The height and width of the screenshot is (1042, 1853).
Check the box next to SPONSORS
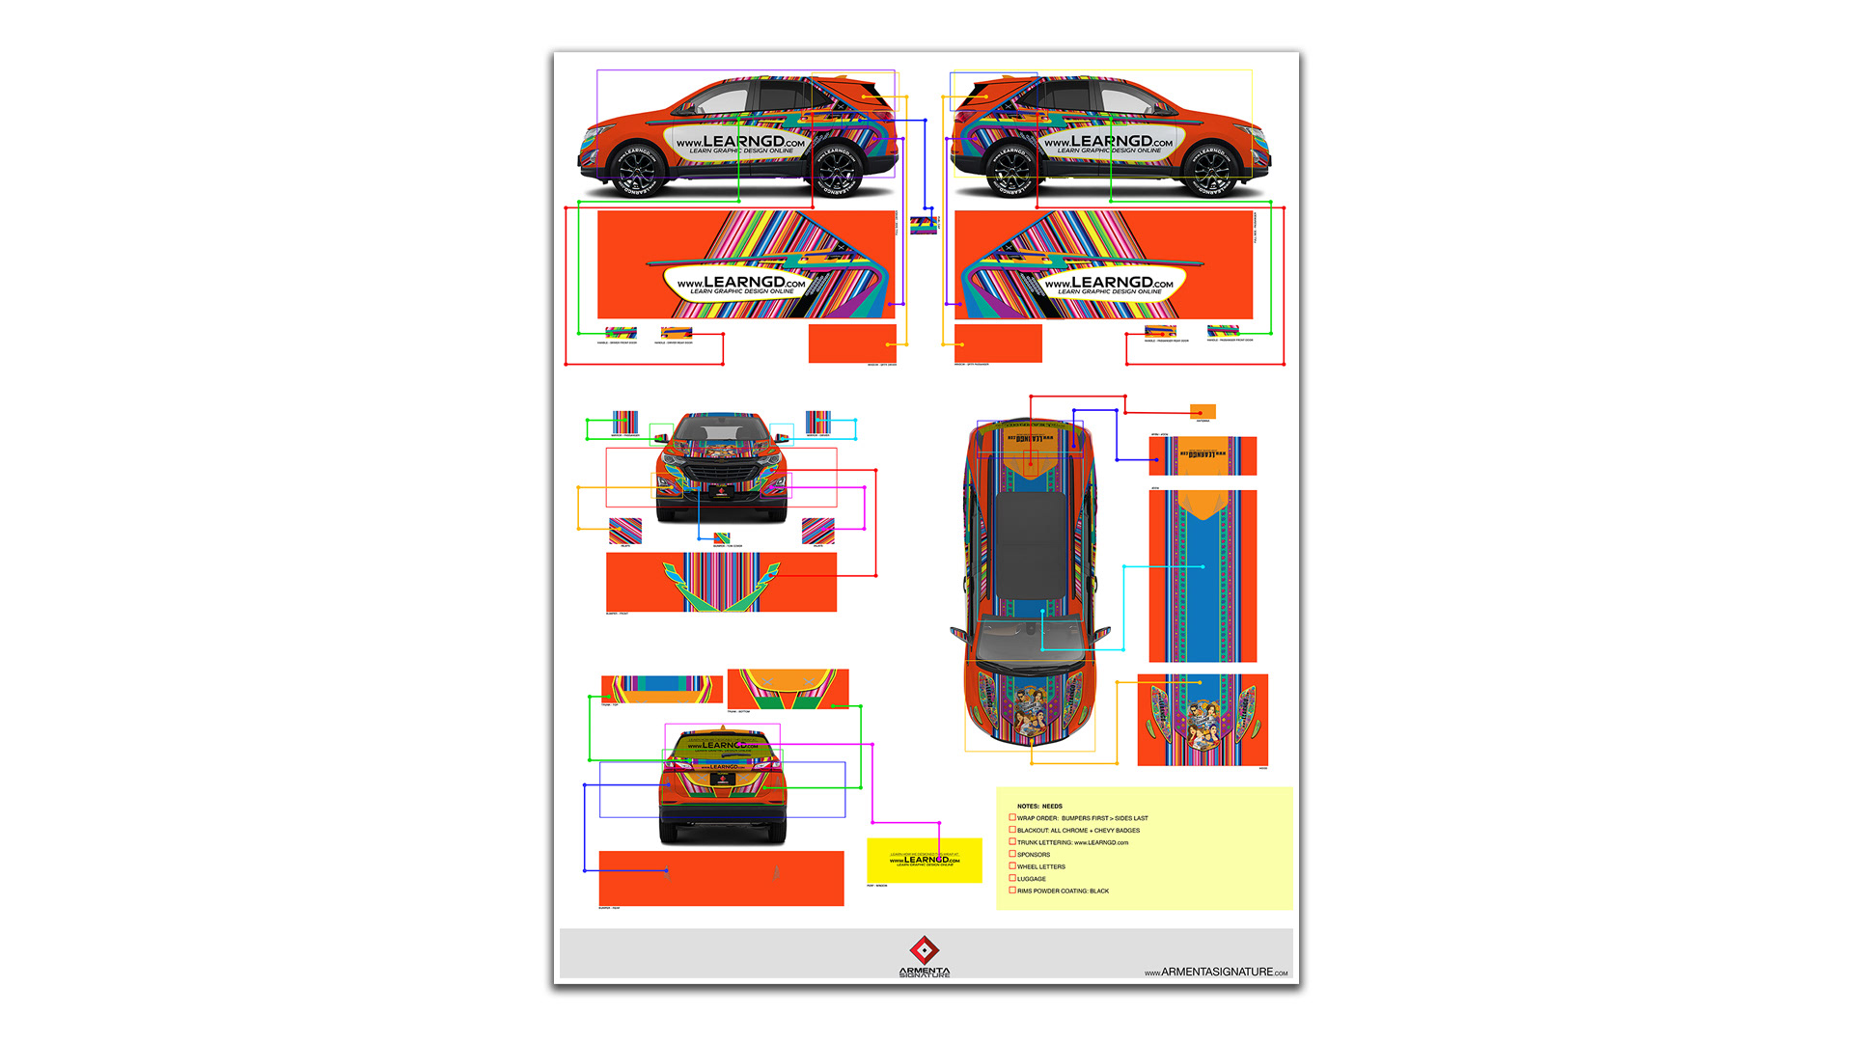pos(1012,854)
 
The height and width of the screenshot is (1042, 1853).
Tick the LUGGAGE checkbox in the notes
pos(1012,878)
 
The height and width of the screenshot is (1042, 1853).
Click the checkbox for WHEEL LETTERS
pos(1012,865)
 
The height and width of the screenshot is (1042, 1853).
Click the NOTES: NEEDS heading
pos(1039,806)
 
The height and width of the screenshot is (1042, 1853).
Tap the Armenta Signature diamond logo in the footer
pos(925,950)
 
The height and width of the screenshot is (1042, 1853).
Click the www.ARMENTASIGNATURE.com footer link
pos(1216,973)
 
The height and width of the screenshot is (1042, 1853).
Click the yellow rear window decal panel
pos(924,860)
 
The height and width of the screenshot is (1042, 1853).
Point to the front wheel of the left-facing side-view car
pos(636,172)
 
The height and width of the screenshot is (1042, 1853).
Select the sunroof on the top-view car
pos(1032,545)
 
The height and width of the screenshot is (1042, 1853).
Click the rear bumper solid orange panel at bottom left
pos(721,878)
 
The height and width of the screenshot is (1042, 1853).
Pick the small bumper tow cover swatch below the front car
pos(722,538)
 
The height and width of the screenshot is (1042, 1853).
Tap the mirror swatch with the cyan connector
pos(817,423)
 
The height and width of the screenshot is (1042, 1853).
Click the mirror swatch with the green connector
pos(625,423)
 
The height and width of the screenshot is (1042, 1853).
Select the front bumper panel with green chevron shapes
pos(721,582)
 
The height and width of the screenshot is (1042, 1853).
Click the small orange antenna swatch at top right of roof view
pos(1203,411)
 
